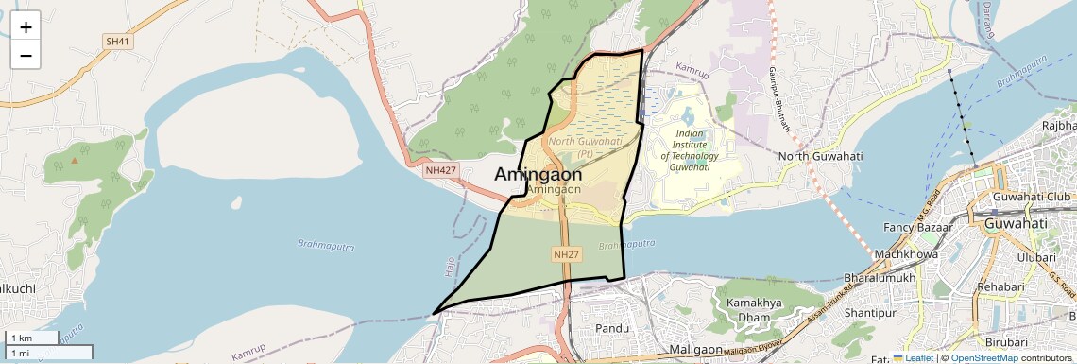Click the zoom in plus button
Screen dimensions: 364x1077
click(26, 27)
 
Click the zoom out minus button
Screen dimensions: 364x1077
click(26, 56)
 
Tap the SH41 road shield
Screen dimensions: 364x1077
click(117, 42)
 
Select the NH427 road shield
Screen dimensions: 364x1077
click(440, 169)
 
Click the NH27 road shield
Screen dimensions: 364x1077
click(566, 254)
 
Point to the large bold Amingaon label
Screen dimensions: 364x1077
click(538, 174)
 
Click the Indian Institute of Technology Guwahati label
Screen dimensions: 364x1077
click(689, 149)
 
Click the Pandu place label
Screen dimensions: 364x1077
click(612, 328)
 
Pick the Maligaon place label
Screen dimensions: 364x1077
click(695, 350)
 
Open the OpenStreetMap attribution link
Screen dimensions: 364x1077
click(983, 358)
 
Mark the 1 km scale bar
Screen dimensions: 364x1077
click(32, 338)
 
